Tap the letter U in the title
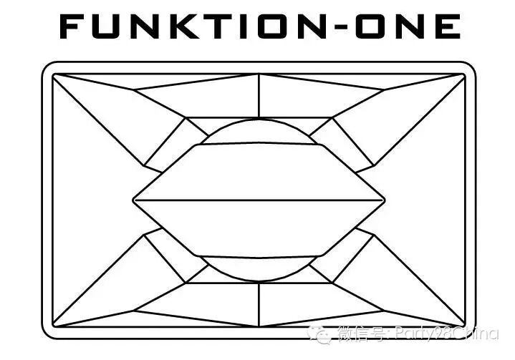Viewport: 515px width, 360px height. (x=113, y=26)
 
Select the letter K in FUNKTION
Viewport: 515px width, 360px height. (x=192, y=26)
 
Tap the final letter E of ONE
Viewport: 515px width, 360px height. (x=447, y=26)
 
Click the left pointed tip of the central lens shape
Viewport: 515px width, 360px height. (x=133, y=200)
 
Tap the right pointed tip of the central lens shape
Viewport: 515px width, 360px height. (x=385, y=200)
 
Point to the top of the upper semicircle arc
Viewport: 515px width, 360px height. (x=259, y=120)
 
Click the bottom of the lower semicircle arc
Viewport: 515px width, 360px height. (x=259, y=280)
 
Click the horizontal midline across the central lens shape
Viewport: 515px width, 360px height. (x=259, y=200)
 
